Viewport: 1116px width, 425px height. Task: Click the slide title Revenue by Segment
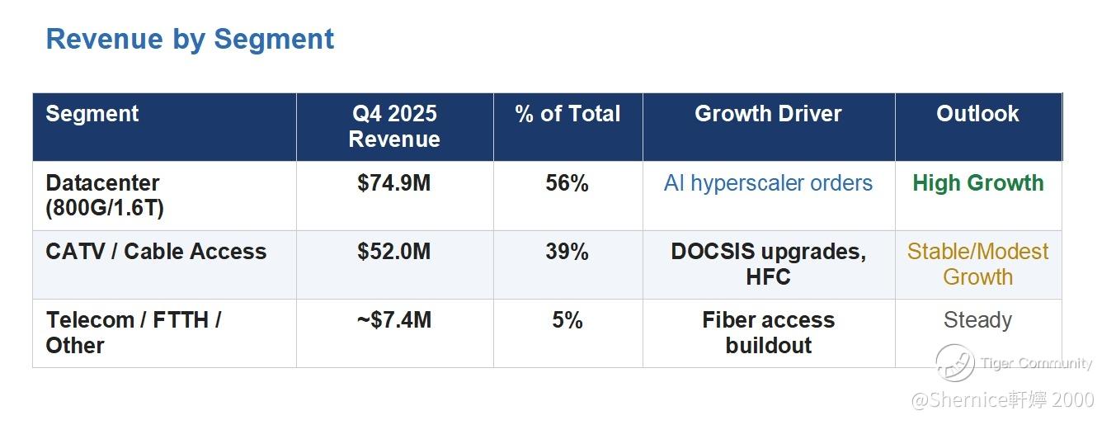click(190, 39)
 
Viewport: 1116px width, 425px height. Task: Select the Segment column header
click(92, 114)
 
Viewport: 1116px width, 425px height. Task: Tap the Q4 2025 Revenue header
click(394, 126)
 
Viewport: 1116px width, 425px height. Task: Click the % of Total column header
click(567, 114)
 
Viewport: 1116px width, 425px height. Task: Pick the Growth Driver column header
click(768, 114)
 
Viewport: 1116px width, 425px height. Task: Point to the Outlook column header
click(977, 114)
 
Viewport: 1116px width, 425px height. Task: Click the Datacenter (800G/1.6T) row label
click(105, 196)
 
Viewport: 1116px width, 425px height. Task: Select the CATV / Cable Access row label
click(156, 252)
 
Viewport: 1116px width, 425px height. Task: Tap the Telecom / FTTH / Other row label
click(133, 333)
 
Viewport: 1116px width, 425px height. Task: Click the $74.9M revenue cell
click(394, 183)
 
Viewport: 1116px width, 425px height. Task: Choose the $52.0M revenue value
click(394, 252)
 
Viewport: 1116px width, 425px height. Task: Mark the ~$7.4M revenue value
click(394, 320)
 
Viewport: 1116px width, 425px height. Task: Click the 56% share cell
click(567, 183)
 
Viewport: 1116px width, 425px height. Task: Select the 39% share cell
click(567, 252)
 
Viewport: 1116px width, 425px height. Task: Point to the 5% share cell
click(567, 320)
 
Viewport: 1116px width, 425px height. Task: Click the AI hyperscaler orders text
click(768, 183)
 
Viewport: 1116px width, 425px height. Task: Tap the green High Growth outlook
click(977, 183)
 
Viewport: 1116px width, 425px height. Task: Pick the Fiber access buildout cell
click(768, 333)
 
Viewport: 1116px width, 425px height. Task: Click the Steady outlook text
click(977, 320)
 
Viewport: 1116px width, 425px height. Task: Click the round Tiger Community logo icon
click(954, 363)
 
